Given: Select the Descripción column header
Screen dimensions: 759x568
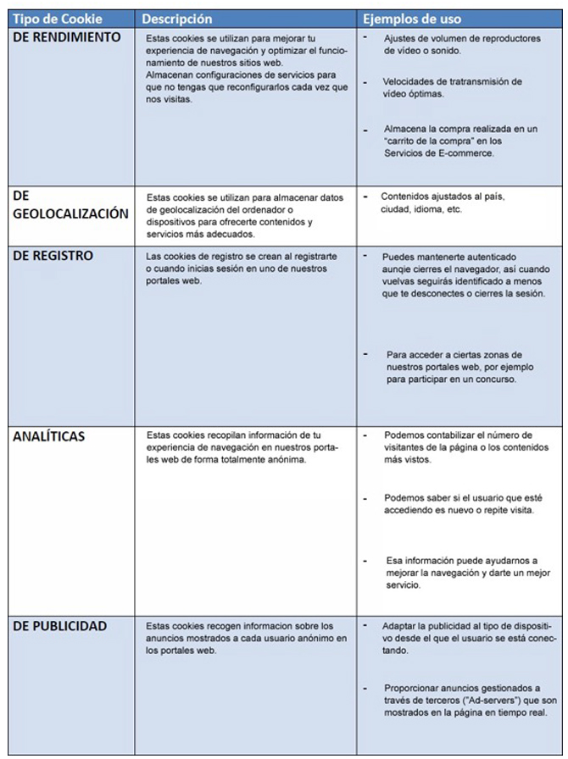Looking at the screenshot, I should [177, 19].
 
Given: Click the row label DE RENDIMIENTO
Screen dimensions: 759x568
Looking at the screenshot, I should [67, 37].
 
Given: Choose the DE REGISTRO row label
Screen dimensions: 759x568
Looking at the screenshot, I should [53, 255].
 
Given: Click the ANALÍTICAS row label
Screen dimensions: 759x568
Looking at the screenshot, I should [51, 436].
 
